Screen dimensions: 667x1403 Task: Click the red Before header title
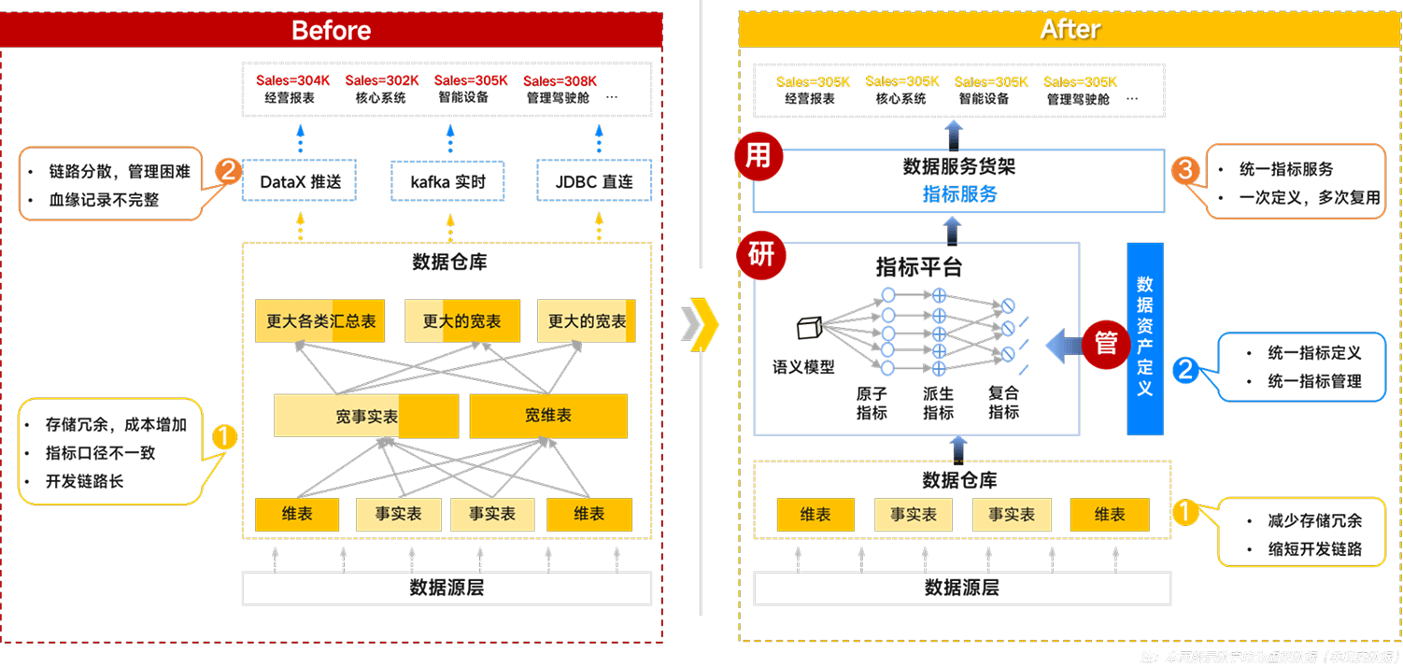click(x=331, y=30)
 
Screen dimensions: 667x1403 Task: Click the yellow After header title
click(x=1070, y=30)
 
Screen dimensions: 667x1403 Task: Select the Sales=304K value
click(x=293, y=81)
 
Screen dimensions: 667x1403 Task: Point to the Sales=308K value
click(x=560, y=81)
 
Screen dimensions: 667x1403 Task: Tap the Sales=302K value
click(x=382, y=81)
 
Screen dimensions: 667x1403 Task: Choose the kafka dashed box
click(x=446, y=181)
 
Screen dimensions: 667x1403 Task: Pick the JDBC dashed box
click(x=593, y=181)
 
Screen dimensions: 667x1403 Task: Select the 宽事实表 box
click(x=366, y=416)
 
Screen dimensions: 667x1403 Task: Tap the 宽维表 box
click(x=547, y=416)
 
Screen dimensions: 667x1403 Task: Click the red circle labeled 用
click(x=758, y=155)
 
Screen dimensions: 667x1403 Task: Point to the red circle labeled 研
click(x=761, y=254)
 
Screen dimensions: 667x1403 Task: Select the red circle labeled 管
click(x=1106, y=343)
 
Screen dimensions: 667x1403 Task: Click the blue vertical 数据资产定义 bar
click(x=1144, y=338)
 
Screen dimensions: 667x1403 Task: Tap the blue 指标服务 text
click(x=959, y=194)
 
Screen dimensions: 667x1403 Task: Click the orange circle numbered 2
click(x=229, y=171)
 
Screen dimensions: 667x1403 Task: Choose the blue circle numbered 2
click(x=1185, y=369)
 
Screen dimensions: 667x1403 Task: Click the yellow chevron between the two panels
click(x=701, y=323)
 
